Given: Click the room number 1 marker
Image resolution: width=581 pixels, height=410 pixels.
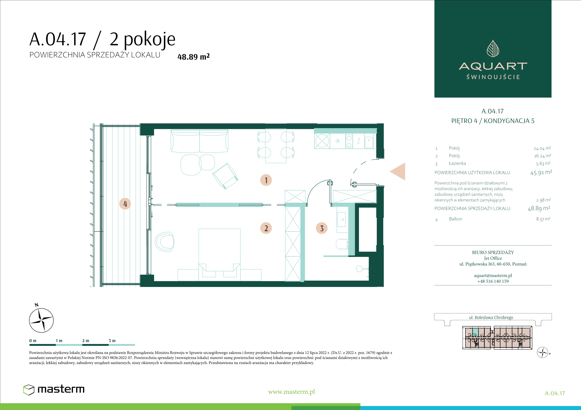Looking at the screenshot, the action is pyautogui.click(x=266, y=180).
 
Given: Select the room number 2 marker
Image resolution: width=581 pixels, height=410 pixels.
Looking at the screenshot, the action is pyautogui.click(x=266, y=228).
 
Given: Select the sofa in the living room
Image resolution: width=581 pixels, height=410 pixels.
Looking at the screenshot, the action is pyautogui.click(x=199, y=141).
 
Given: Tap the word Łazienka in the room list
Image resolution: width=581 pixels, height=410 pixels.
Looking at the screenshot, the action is pyautogui.click(x=457, y=163).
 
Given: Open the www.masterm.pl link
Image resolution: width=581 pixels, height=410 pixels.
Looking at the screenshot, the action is pyautogui.click(x=291, y=392).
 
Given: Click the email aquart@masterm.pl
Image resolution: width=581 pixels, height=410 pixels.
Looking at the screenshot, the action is pyautogui.click(x=493, y=276).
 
